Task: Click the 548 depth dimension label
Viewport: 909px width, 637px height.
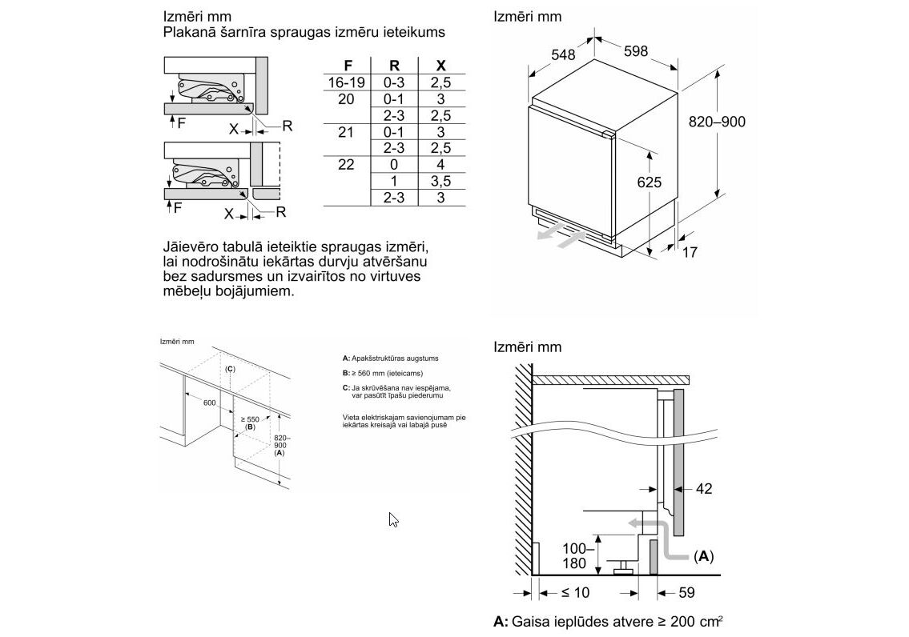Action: pos(564,55)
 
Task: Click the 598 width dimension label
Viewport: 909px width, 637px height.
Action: pos(635,51)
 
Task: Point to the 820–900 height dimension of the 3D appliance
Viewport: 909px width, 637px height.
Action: pos(717,122)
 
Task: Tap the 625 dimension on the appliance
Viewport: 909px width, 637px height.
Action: pos(649,182)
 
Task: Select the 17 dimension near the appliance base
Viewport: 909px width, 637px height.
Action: pos(690,252)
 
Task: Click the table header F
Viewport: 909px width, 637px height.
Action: pos(347,66)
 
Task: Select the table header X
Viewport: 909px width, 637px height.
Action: pos(440,66)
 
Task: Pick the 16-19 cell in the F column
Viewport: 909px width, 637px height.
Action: pos(347,82)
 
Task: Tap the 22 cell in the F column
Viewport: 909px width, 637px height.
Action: pos(346,165)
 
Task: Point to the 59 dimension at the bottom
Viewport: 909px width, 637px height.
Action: pos(686,593)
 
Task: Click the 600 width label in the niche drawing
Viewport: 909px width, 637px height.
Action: pos(210,403)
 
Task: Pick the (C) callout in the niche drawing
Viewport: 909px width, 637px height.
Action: pos(230,369)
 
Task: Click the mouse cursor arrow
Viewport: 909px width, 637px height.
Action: pos(393,519)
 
